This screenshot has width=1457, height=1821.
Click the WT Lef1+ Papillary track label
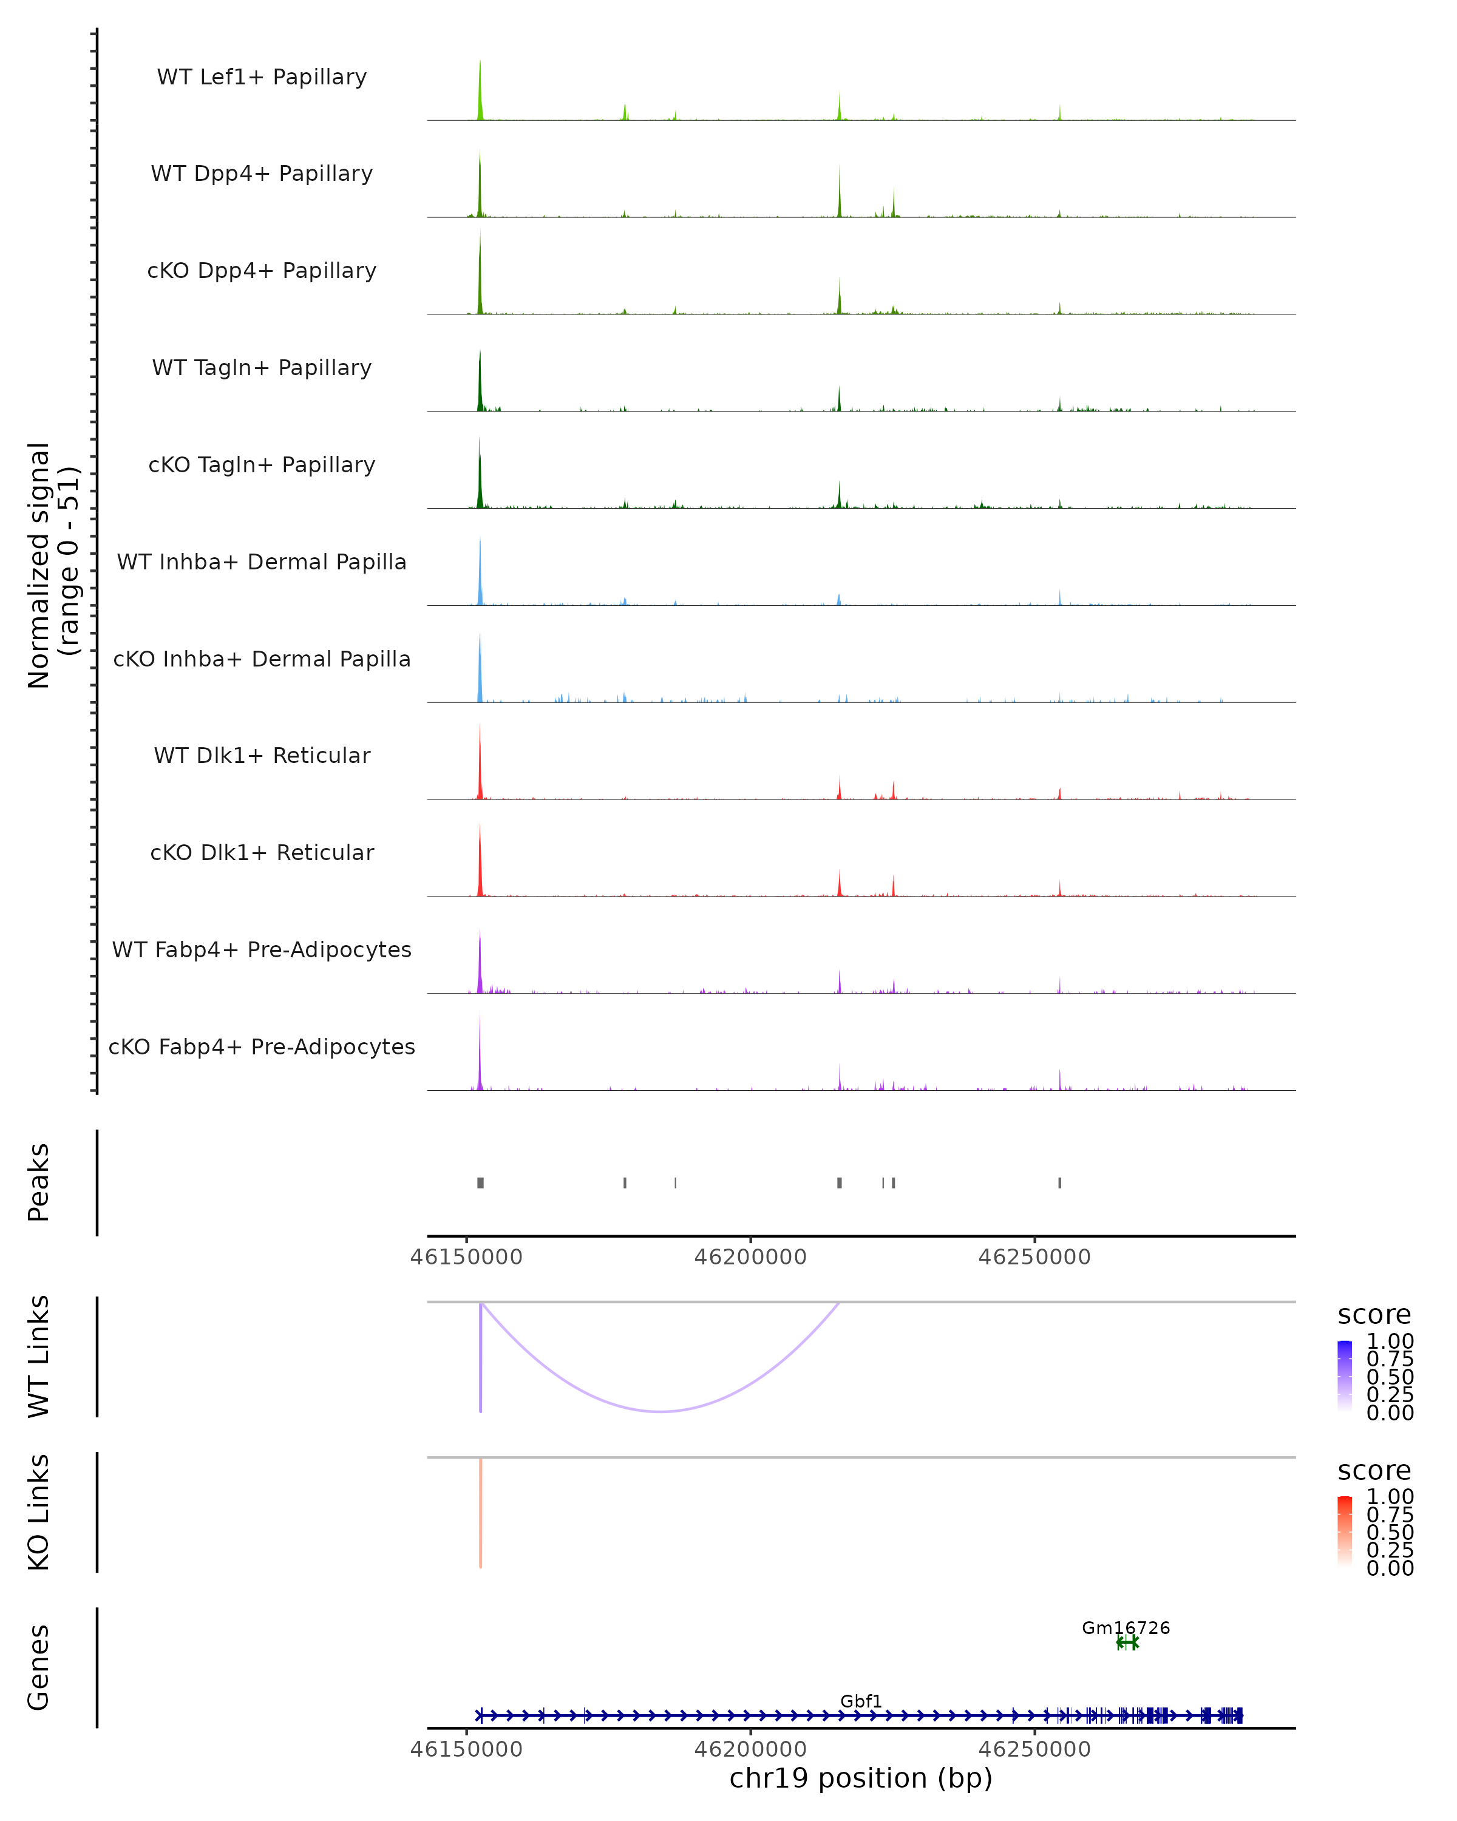[x=262, y=77]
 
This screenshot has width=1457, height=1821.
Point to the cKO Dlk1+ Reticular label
[x=262, y=852]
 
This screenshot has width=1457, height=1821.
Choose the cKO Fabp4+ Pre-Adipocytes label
[x=262, y=1046]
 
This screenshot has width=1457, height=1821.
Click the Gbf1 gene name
[x=861, y=1700]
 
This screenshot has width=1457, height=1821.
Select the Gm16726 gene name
[x=1126, y=1627]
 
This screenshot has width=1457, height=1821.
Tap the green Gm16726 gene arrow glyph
[x=1127, y=1642]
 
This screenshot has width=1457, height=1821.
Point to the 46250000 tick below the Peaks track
[x=1034, y=1257]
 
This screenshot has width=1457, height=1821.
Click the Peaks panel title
[x=39, y=1182]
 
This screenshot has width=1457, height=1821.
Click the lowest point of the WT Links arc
[x=661, y=1411]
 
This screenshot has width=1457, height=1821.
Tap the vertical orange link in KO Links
[x=481, y=1512]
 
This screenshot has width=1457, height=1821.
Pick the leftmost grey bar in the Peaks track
[x=481, y=1182]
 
